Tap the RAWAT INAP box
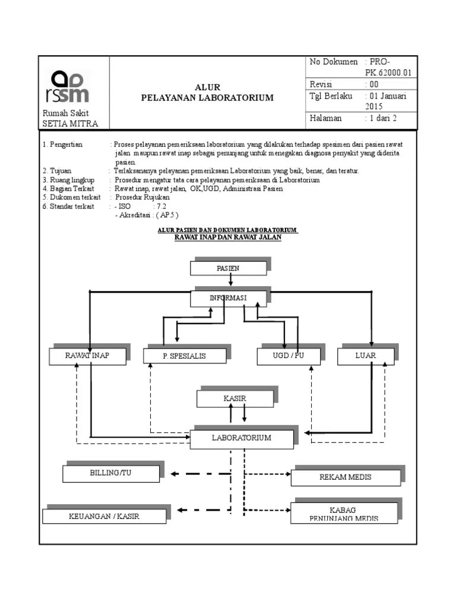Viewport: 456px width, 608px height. (87, 356)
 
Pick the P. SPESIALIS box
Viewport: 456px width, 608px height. (185, 356)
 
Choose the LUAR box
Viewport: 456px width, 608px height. (366, 356)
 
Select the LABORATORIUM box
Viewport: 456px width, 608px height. (241, 438)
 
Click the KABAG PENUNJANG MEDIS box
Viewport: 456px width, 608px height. (345, 514)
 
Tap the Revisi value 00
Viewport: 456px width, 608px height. (374, 84)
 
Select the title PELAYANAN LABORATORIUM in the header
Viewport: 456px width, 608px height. (207, 98)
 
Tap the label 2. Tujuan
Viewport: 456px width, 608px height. (57, 171)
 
